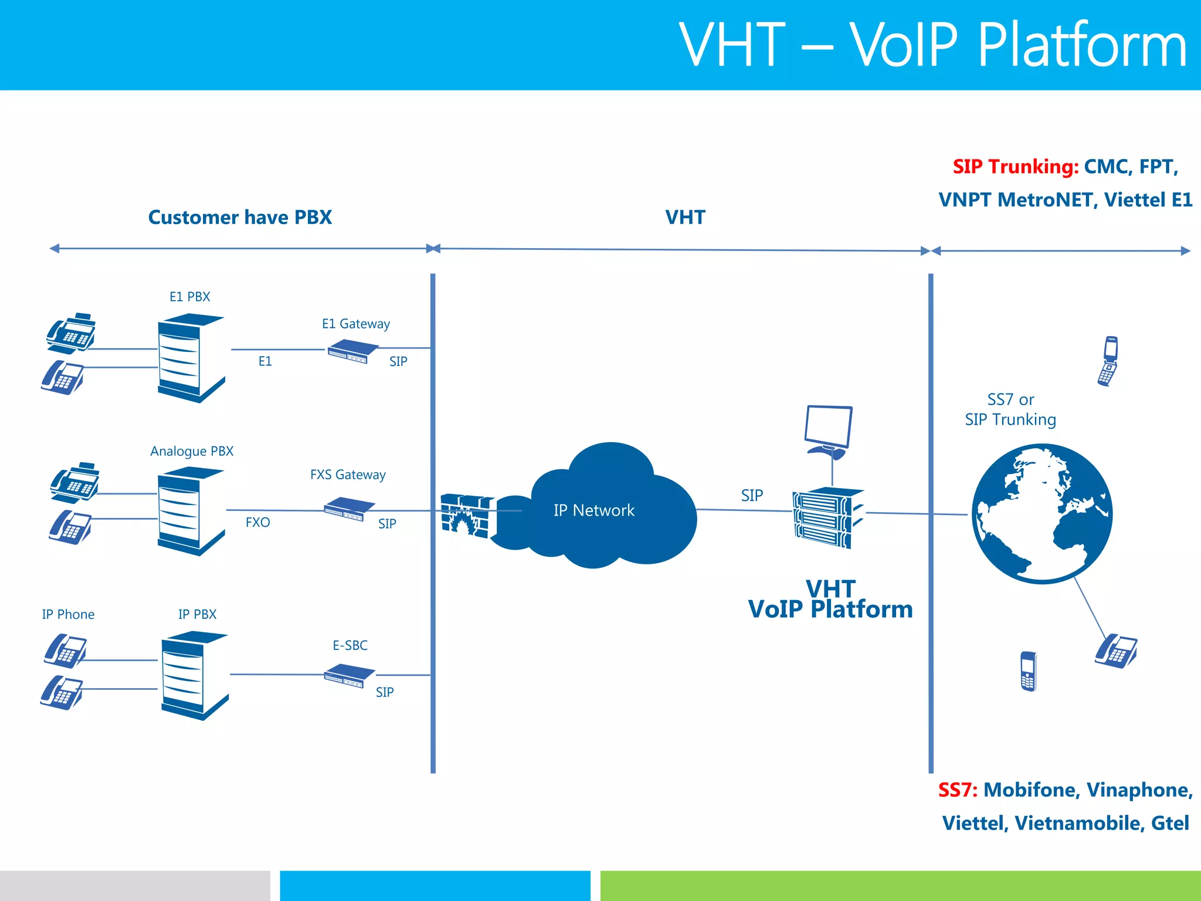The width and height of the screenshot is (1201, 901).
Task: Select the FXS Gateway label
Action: pyautogui.click(x=348, y=475)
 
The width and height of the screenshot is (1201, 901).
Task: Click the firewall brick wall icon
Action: pyautogui.click(x=467, y=516)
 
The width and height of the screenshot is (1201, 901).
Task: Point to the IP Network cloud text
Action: pyautogui.click(x=593, y=510)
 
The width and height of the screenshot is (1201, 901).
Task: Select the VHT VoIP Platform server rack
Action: pyautogui.click(x=827, y=517)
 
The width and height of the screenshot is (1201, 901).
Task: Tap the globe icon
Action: pyautogui.click(x=1041, y=513)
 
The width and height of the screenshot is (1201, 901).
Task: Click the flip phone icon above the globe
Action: pyautogui.click(x=1108, y=361)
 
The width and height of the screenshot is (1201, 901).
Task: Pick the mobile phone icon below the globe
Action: pyautogui.click(x=1028, y=671)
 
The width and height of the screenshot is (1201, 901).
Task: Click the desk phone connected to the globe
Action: pyautogui.click(x=1115, y=651)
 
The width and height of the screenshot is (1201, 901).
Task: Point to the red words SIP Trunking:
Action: pyautogui.click(x=1015, y=167)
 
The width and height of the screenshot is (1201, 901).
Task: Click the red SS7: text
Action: pyautogui.click(x=957, y=790)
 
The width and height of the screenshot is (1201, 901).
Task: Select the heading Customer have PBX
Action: pyautogui.click(x=240, y=218)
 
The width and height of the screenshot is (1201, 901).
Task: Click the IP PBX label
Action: pyautogui.click(x=197, y=614)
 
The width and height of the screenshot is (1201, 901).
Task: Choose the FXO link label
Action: pyautogui.click(x=257, y=522)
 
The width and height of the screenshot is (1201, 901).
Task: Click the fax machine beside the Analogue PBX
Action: pyautogui.click(x=74, y=482)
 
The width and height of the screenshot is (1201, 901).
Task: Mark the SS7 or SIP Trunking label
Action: pyautogui.click(x=1010, y=409)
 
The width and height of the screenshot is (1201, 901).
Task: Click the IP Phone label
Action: pyautogui.click(x=68, y=614)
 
